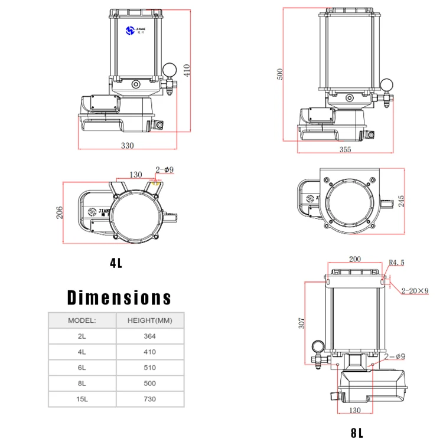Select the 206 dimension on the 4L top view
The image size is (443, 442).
click(60, 212)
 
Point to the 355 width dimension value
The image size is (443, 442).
click(346, 149)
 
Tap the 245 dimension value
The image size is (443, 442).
click(401, 201)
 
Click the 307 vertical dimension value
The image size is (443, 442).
click(301, 323)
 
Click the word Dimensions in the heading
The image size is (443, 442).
click(119, 297)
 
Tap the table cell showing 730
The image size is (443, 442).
click(150, 399)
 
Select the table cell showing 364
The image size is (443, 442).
click(150, 336)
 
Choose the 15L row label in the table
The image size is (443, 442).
click(82, 399)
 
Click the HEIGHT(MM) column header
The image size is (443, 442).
click(150, 320)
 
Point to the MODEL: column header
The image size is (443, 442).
click(82, 320)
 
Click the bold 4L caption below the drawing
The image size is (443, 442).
click(116, 263)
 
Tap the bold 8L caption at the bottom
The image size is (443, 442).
click(357, 433)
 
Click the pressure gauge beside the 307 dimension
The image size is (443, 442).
click(317, 345)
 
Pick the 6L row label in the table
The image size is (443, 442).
click(82, 367)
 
